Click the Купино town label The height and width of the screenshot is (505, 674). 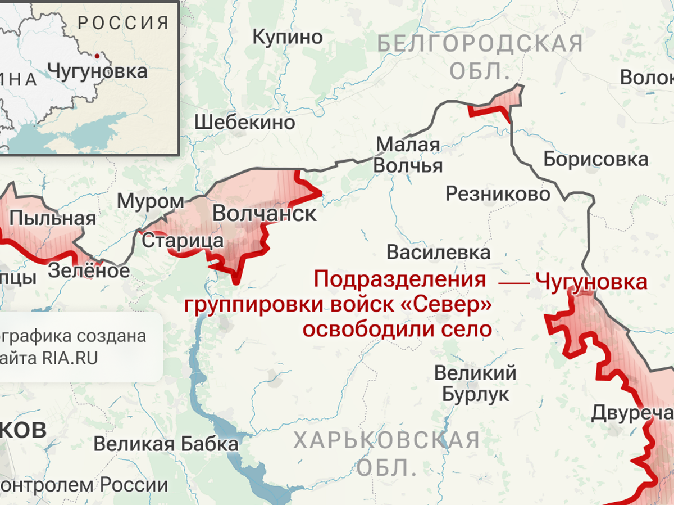pos(288,37)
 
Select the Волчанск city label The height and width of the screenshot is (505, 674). pos(265,214)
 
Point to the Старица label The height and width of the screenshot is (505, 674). pos(183,241)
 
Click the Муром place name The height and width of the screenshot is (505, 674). pos(151,201)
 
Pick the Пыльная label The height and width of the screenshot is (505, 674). pos(53,218)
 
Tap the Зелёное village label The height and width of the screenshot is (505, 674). pos(89,270)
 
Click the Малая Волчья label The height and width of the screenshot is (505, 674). pos(408,155)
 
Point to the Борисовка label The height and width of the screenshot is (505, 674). pos(596,159)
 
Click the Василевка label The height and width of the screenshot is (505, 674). pos(438,251)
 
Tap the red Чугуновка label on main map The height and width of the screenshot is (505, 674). pos(591,281)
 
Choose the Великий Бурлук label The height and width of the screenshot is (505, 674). pos(475,383)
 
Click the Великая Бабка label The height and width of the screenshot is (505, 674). pos(166,444)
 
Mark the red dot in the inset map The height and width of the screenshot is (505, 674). pos(98,56)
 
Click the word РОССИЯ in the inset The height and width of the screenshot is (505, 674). pos(124,23)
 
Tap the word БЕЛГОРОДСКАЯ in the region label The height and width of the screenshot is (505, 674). pos(480,43)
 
